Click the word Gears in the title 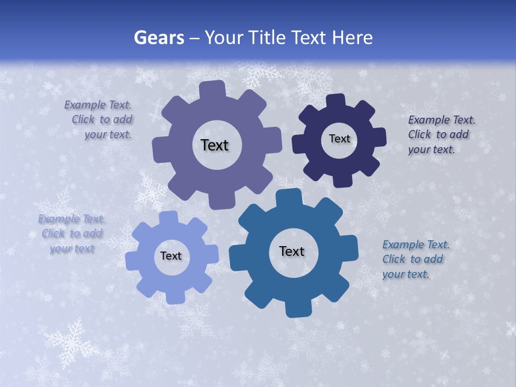coord(159,38)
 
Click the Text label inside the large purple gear coord(214,145)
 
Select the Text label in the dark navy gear coord(339,139)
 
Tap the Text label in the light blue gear coord(171,256)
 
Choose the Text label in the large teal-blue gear coord(292,251)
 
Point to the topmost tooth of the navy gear coord(336,100)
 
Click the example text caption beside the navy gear coord(441,134)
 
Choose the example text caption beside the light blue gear coord(71,234)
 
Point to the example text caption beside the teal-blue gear coord(415,259)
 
